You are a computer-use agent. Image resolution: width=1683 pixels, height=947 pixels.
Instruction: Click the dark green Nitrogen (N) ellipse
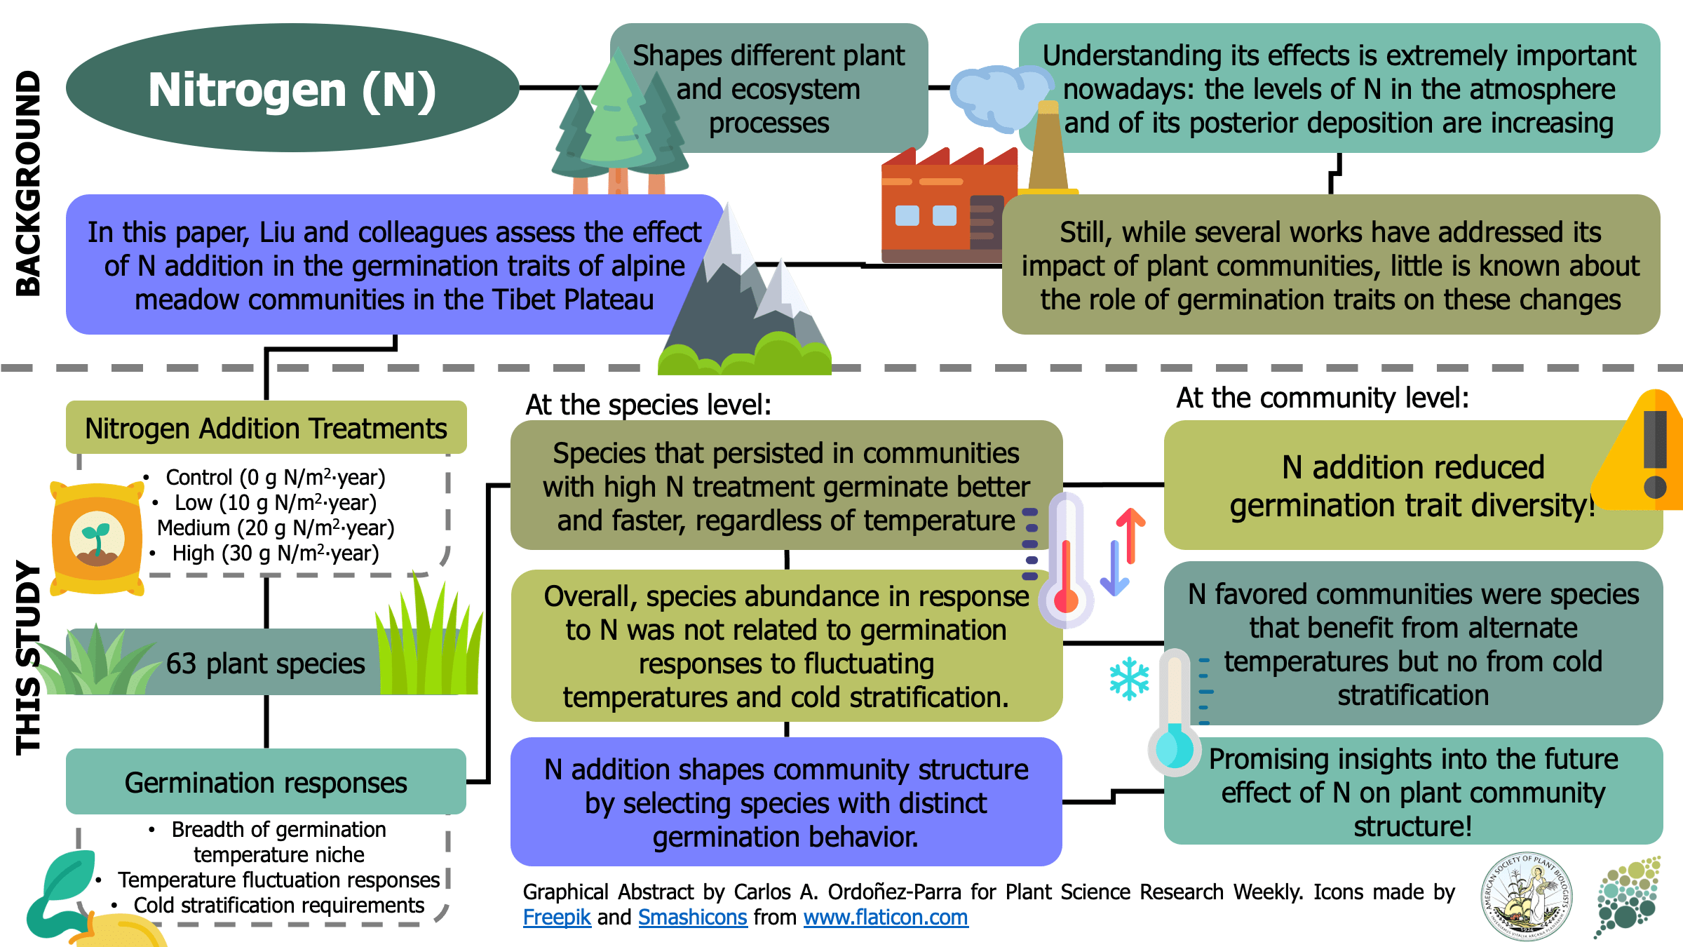(292, 88)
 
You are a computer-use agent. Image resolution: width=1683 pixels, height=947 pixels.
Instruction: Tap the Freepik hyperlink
(557, 917)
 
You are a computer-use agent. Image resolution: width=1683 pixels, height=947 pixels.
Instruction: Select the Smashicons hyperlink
(692, 917)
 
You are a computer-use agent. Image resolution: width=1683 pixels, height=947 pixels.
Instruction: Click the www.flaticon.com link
(886, 917)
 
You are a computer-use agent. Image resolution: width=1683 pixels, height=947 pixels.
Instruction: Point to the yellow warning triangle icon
(1644, 456)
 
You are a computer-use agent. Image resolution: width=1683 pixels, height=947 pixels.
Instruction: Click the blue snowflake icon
(1129, 678)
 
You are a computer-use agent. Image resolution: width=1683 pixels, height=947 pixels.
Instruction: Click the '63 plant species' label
(266, 663)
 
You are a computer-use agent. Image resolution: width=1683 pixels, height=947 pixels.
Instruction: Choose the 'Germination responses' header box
(266, 782)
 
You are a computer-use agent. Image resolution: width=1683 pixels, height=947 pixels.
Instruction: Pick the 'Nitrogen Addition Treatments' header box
(266, 428)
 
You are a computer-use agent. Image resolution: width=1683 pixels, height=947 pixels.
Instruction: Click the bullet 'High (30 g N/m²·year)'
(275, 553)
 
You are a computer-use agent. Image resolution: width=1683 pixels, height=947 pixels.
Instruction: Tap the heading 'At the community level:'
(1322, 398)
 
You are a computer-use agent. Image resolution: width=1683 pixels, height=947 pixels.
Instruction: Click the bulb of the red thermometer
(1066, 600)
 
